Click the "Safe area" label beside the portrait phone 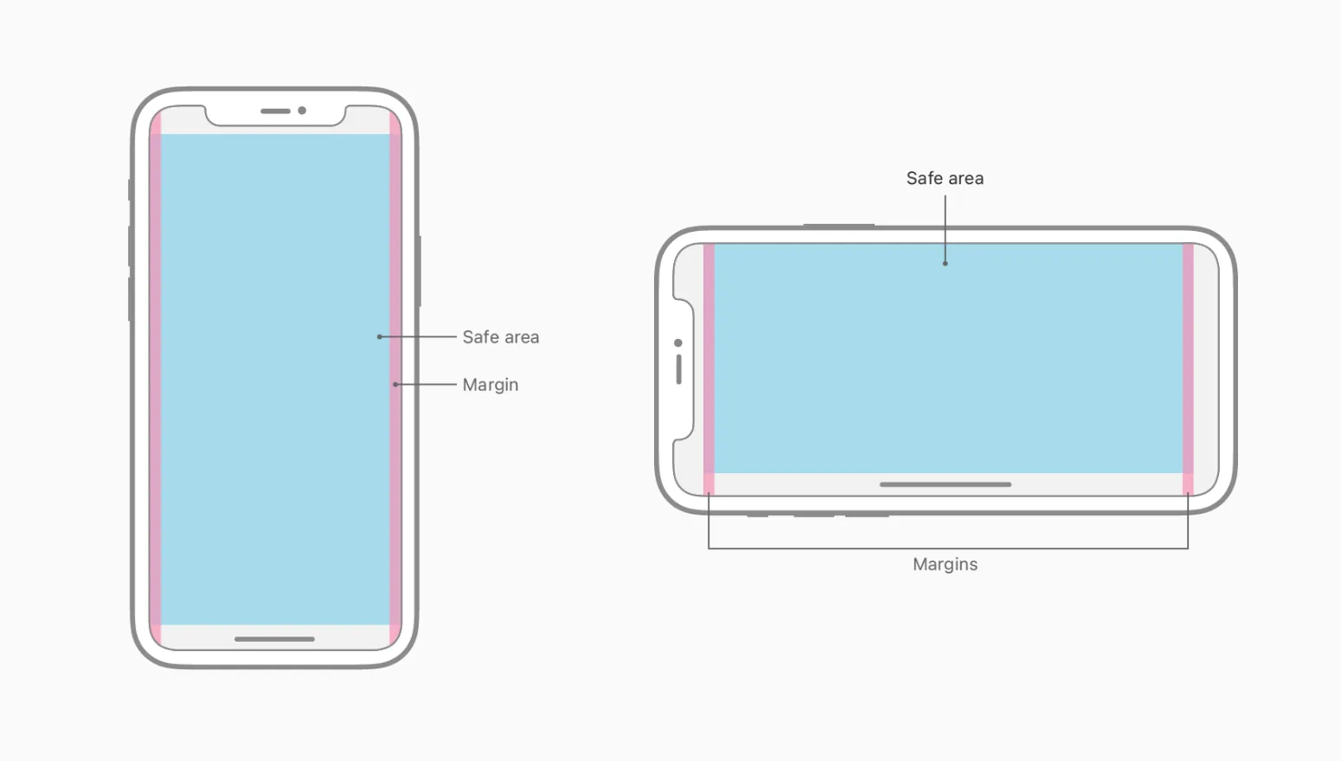click(500, 337)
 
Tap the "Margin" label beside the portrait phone click(490, 385)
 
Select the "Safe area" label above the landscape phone click(945, 178)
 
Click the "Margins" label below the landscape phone click(945, 565)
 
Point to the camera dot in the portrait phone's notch click(302, 111)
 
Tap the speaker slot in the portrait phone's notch click(275, 112)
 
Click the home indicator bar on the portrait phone click(274, 639)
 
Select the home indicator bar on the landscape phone click(945, 484)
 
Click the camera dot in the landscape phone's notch click(678, 343)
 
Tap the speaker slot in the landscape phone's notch click(678, 369)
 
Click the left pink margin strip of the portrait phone click(156, 380)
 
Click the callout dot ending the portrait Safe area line click(379, 336)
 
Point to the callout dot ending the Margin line click(395, 384)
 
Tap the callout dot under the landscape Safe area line click(945, 263)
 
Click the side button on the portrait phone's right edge click(420, 271)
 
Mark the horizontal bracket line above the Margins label click(947, 548)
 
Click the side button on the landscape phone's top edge click(838, 226)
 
